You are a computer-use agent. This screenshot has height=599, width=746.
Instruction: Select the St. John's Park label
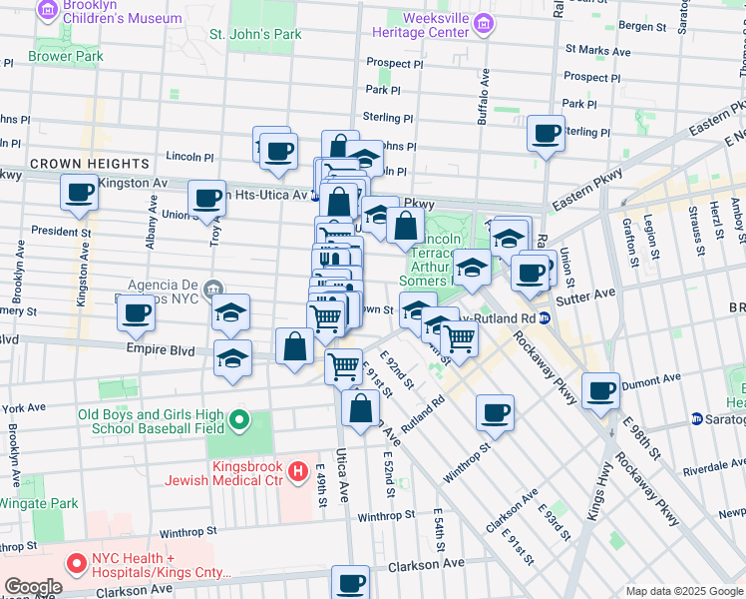[x=254, y=34]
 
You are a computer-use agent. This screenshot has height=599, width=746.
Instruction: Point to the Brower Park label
[x=66, y=57]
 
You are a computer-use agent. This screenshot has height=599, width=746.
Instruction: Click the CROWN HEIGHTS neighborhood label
[x=89, y=163]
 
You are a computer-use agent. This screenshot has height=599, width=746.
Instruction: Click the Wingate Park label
[x=39, y=504]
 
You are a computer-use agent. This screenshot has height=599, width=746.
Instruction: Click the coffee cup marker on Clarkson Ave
[x=350, y=583]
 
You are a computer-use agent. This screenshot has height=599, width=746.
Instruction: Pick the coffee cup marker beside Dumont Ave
[x=600, y=390]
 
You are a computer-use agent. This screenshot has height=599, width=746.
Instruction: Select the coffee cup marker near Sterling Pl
[x=546, y=133]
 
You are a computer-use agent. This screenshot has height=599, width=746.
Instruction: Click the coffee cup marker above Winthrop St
[x=494, y=410]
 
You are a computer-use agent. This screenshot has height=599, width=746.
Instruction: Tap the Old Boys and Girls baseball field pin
[x=239, y=421]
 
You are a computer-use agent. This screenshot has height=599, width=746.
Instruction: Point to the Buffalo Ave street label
[x=484, y=90]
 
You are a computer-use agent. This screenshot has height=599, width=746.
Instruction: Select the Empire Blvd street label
[x=154, y=349]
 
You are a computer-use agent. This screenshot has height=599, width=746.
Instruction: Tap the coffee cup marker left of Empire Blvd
[x=137, y=313]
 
